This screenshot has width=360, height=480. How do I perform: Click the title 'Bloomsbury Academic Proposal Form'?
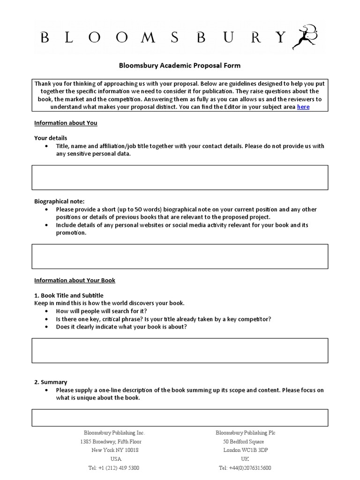click(180, 66)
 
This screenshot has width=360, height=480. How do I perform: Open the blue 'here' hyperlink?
click(303, 107)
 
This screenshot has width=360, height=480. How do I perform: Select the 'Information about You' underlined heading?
click(66, 123)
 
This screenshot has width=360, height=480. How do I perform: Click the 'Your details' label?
click(51, 138)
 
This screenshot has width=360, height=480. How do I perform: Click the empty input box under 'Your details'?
click(180, 177)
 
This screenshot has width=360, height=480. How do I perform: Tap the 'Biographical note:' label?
click(59, 202)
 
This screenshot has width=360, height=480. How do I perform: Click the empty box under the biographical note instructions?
click(180, 256)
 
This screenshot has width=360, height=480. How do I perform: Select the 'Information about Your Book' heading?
click(75, 280)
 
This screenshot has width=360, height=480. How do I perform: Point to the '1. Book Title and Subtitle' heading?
click(69, 296)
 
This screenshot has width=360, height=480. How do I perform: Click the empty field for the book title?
click(180, 351)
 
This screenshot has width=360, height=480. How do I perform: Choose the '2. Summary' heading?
click(51, 382)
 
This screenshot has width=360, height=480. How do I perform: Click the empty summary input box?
click(180, 417)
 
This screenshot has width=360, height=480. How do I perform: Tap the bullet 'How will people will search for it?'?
click(101, 311)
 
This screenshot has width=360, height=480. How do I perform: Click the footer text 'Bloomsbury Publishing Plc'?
click(245, 433)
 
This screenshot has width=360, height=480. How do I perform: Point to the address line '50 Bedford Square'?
click(243, 442)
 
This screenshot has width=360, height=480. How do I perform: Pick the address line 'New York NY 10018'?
click(115, 450)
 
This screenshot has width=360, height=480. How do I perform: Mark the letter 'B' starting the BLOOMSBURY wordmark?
click(45, 37)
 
